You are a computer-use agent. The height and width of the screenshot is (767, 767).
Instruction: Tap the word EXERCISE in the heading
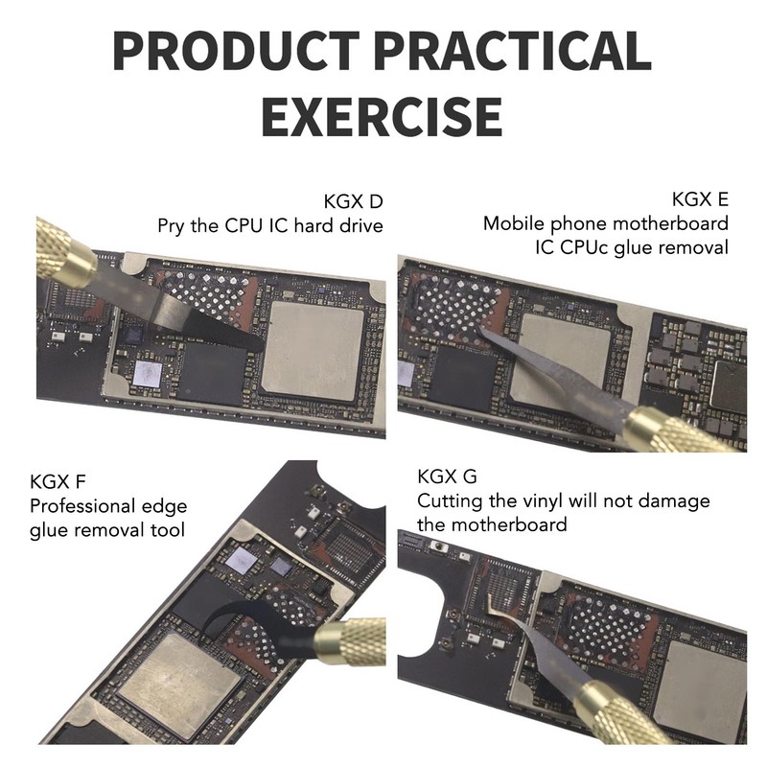pyautogui.click(x=382, y=116)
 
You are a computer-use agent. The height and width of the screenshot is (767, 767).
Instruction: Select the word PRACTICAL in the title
pyautogui.click(x=515, y=51)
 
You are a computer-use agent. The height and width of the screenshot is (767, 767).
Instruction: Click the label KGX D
pyautogui.click(x=353, y=201)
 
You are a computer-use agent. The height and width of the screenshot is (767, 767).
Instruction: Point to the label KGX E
pyautogui.click(x=700, y=199)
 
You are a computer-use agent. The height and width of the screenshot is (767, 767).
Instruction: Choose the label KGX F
pyautogui.click(x=58, y=482)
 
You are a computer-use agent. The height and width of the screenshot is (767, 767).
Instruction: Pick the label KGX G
pyautogui.click(x=447, y=476)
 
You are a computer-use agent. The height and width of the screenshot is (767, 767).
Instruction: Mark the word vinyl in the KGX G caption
pyautogui.click(x=540, y=501)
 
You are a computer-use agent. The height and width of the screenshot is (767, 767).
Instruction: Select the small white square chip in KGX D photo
pyautogui.click(x=148, y=373)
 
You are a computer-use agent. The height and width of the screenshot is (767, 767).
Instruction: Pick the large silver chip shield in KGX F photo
pyautogui.click(x=180, y=679)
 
